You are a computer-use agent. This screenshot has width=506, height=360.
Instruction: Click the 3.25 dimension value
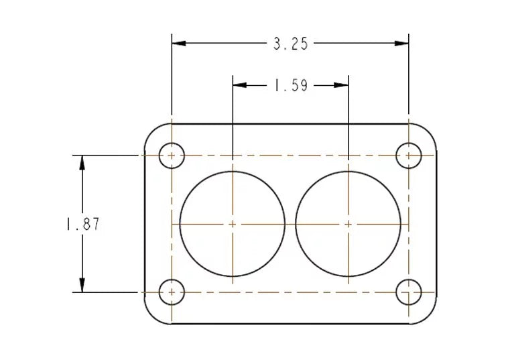point(290,44)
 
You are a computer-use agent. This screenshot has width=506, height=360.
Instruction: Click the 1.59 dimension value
point(291,86)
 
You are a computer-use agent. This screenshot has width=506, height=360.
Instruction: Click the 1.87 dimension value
point(83,224)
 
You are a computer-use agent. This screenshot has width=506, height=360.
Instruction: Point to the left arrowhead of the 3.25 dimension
point(179,43)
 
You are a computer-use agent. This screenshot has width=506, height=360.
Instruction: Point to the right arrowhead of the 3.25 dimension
point(401,43)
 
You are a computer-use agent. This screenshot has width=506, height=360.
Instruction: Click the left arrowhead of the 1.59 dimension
point(240,85)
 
